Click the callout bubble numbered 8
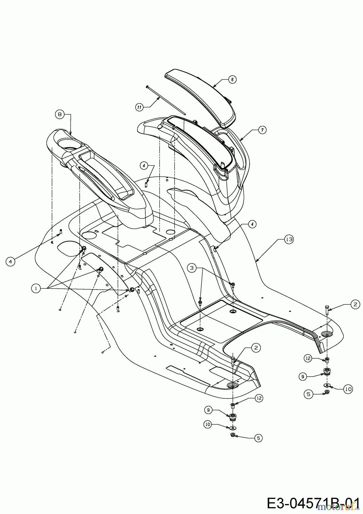coord(59,115)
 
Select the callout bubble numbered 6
coord(232,80)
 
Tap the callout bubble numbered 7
coord(262,130)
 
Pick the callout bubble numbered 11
coord(139,107)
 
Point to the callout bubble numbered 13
coord(289,240)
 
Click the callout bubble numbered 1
coord(36,289)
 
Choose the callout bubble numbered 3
coord(192,268)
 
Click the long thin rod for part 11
coord(166,100)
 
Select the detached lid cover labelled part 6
coord(200,97)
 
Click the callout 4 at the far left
coord(10,262)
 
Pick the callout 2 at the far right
coord(355,304)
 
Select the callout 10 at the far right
coord(348,389)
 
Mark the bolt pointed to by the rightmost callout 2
coord(327,310)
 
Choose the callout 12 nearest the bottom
coord(259,398)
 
